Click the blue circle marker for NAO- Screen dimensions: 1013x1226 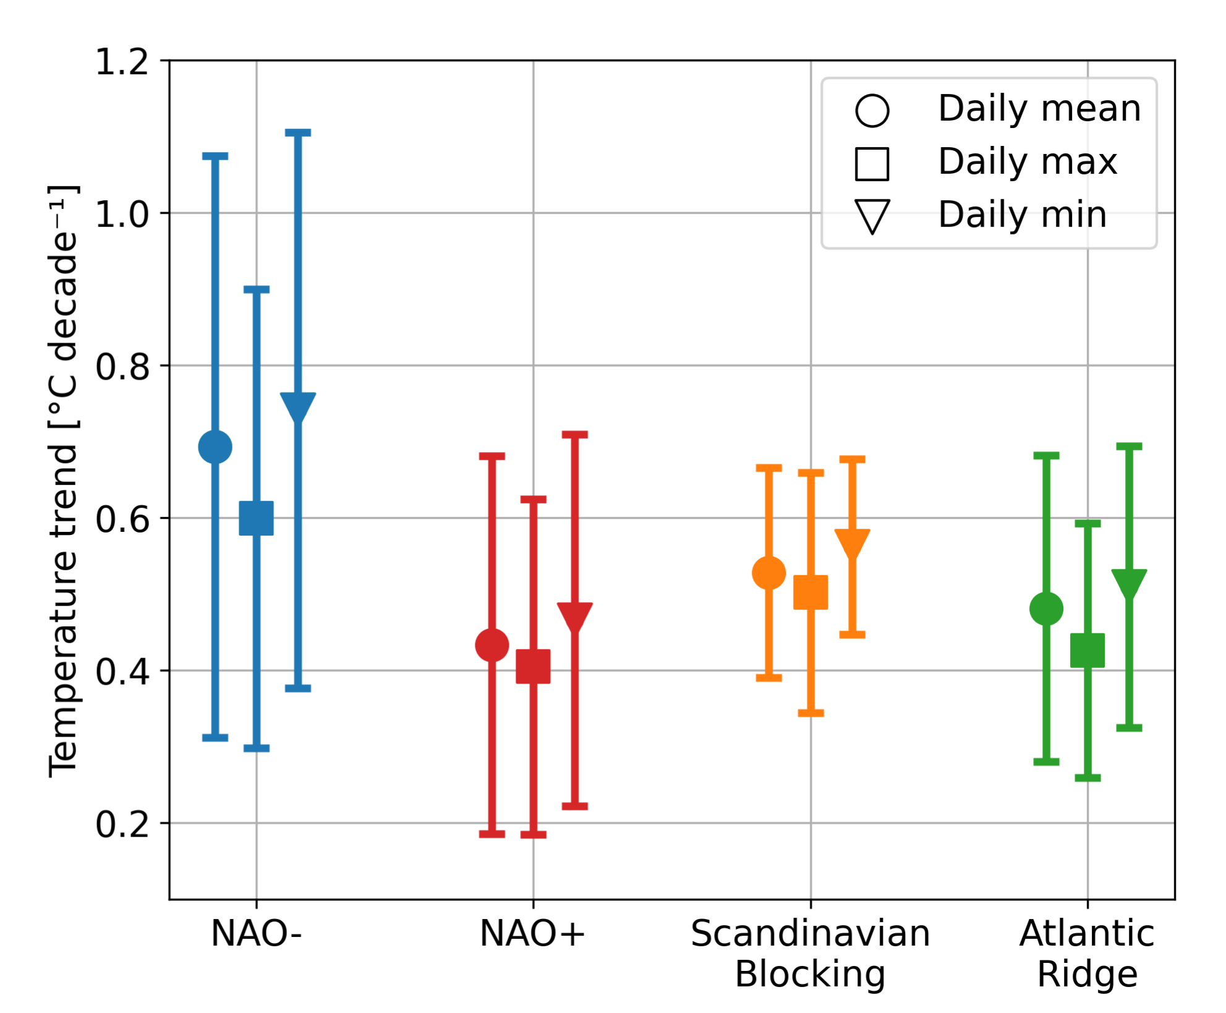tap(215, 447)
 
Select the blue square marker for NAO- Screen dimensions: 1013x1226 tap(257, 518)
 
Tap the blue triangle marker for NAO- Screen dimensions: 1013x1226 tap(298, 405)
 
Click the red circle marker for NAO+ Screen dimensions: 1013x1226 tap(492, 646)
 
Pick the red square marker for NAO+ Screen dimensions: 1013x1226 tap(534, 667)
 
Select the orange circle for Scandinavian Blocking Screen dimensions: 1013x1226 tap(769, 573)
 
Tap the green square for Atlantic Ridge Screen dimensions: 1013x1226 tap(1088, 651)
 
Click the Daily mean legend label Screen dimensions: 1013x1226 tap(1039, 109)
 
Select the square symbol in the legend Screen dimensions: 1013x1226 tap(872, 164)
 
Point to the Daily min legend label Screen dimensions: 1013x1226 tap(1022, 215)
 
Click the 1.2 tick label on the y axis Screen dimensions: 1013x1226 tap(122, 62)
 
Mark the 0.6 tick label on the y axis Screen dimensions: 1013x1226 tap(122, 519)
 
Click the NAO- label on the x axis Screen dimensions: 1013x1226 tap(257, 934)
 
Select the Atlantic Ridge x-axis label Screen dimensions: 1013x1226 tap(1087, 954)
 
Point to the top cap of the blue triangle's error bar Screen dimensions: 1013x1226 tap(298, 133)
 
